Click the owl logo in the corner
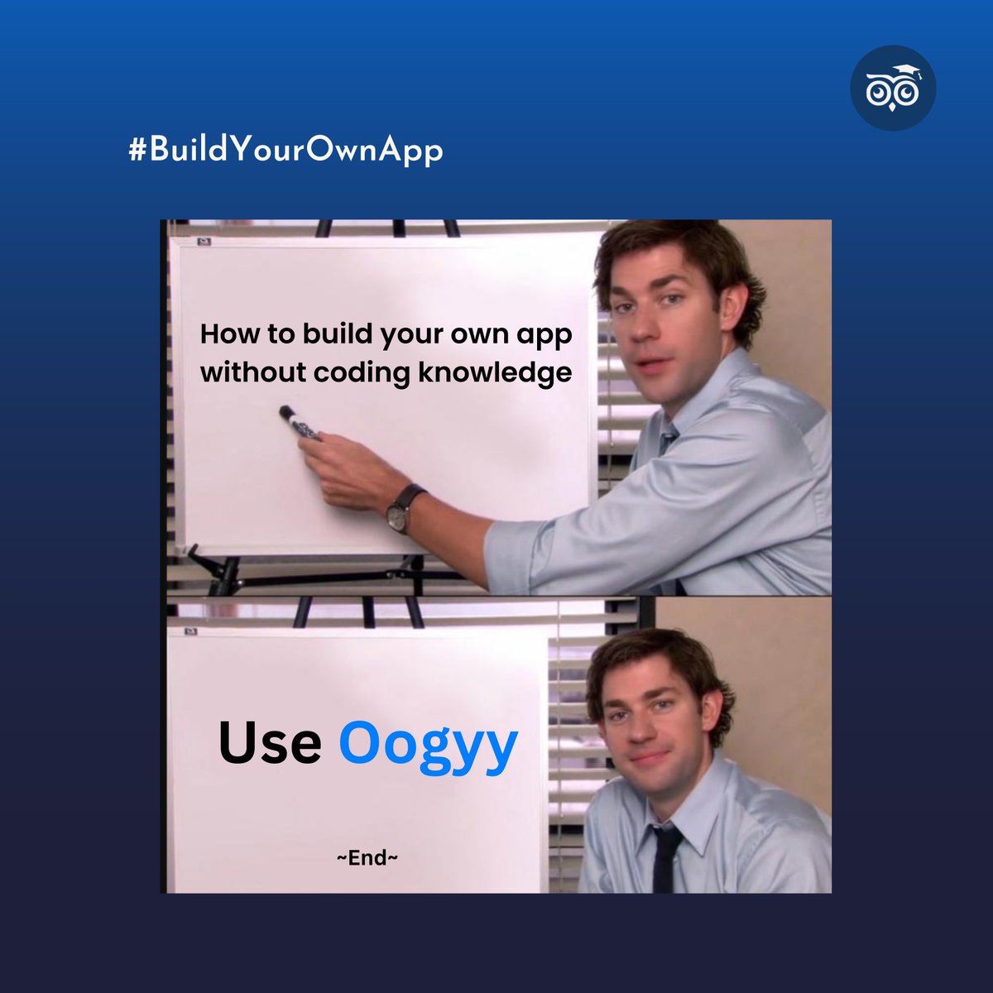[x=893, y=88]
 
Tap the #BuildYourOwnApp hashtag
[x=285, y=151]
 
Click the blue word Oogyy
[x=428, y=744]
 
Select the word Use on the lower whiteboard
[x=270, y=742]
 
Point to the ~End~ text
[x=367, y=858]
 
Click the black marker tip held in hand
[x=287, y=412]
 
